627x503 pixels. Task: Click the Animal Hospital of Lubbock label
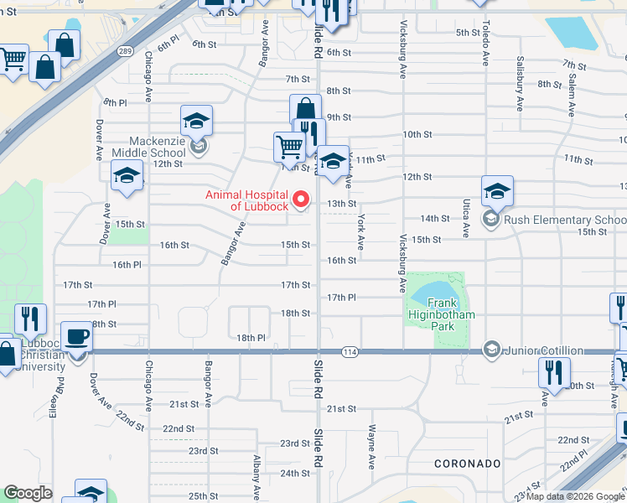[247, 201]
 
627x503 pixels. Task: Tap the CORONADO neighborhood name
[468, 464]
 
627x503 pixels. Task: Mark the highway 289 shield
[124, 51]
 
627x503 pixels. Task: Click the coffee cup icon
[77, 337]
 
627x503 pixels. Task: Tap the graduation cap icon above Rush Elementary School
[496, 190]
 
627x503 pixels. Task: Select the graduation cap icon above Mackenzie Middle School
[196, 121]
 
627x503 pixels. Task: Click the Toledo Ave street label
[486, 46]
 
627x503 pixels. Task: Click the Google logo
[28, 493]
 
